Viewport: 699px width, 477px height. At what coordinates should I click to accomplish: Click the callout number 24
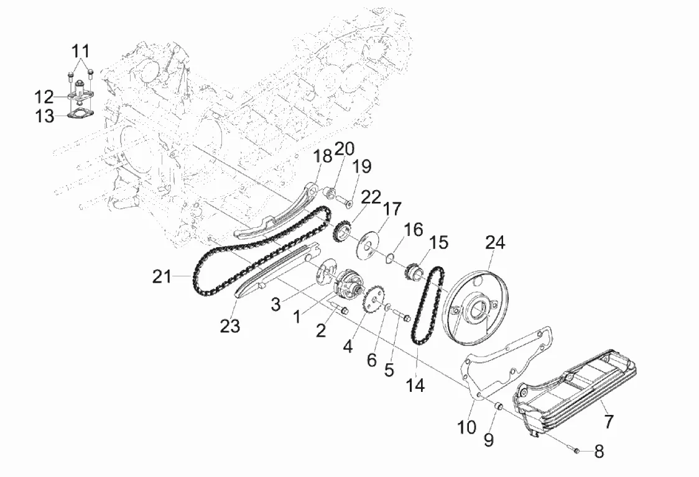pos(495,243)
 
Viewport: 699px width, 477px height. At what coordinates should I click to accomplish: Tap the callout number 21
pos(161,276)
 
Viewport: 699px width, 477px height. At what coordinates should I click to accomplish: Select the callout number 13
pos(45,116)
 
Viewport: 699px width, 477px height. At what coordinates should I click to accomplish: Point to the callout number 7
pos(609,420)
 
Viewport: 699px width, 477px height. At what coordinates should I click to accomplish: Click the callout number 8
pos(599,451)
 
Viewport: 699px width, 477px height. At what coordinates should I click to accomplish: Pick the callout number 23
pos(230,326)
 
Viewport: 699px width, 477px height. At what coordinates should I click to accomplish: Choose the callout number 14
pos(415,385)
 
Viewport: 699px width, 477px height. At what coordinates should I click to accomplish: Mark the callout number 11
pos(81,51)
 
